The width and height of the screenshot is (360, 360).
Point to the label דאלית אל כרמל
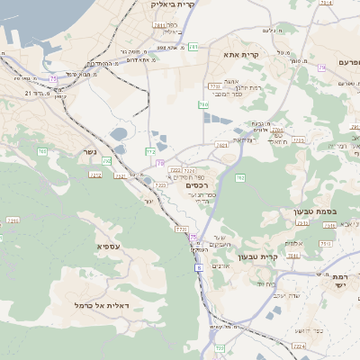coord(101,306)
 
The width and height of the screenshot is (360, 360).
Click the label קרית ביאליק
coord(174,5)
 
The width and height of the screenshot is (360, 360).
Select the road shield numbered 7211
coord(13,220)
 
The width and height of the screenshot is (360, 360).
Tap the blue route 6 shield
coord(198,268)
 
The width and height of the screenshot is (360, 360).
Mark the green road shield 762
coord(240,178)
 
